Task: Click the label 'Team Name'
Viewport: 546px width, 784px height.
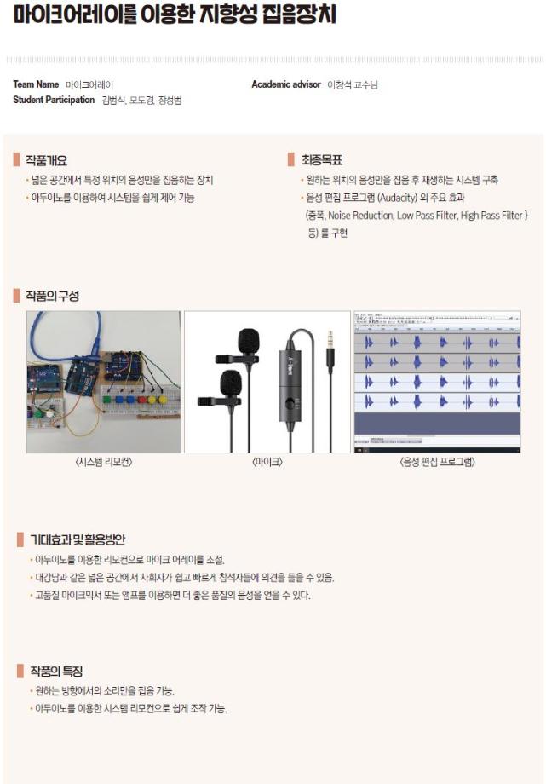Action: (x=36, y=84)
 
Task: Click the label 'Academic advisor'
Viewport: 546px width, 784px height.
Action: (x=285, y=84)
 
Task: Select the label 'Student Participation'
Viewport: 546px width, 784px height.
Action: (x=54, y=100)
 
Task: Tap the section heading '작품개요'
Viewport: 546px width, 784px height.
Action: (x=46, y=159)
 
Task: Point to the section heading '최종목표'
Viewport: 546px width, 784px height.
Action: (x=321, y=159)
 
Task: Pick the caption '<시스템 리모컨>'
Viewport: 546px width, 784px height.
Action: (x=105, y=462)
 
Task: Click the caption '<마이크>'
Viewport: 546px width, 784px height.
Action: (x=267, y=462)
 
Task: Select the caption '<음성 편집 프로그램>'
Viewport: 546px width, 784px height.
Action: (x=437, y=462)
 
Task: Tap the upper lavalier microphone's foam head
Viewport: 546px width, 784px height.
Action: (x=247, y=342)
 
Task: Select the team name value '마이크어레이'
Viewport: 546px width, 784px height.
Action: (x=89, y=84)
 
